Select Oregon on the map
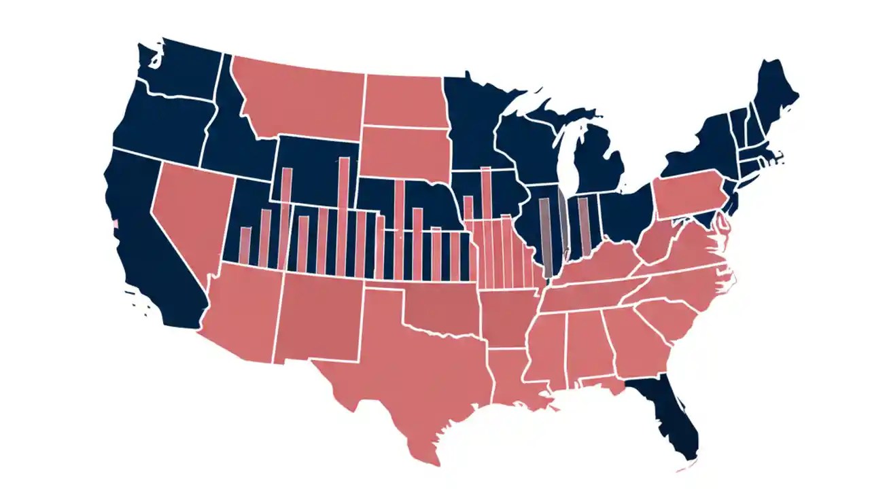(160, 122)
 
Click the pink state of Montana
(299, 95)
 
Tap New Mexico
(319, 316)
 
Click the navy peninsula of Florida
(669, 421)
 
